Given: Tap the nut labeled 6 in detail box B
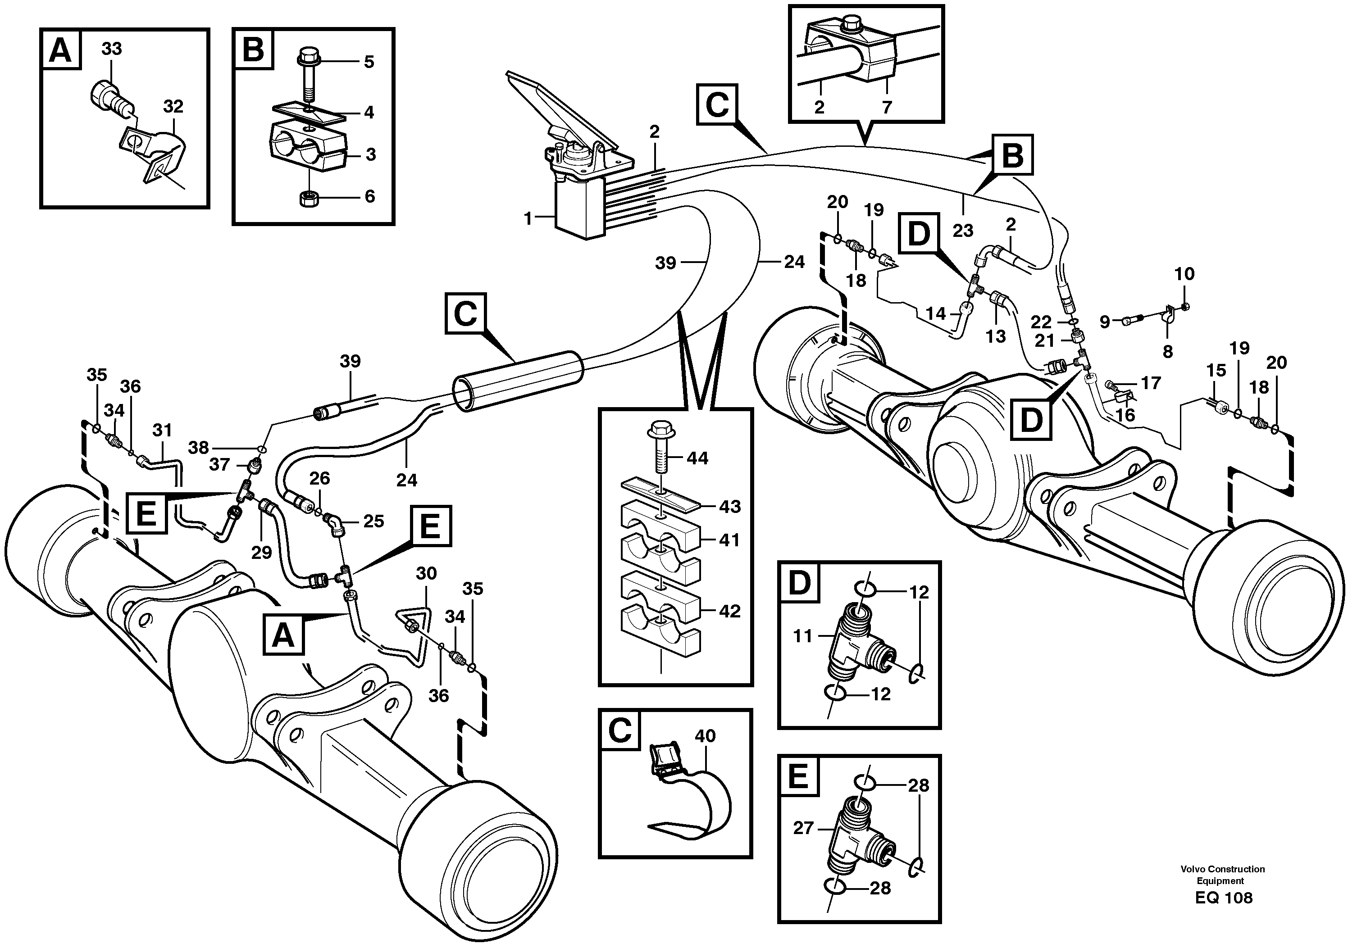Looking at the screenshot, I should click(308, 200).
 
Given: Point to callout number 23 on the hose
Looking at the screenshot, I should click(963, 231).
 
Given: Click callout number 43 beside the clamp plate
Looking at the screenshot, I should click(730, 506).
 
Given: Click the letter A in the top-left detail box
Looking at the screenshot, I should click(60, 50).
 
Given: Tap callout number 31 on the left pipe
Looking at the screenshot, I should click(162, 430).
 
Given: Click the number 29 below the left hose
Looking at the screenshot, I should click(261, 553).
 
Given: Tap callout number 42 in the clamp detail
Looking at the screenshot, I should click(730, 611).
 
